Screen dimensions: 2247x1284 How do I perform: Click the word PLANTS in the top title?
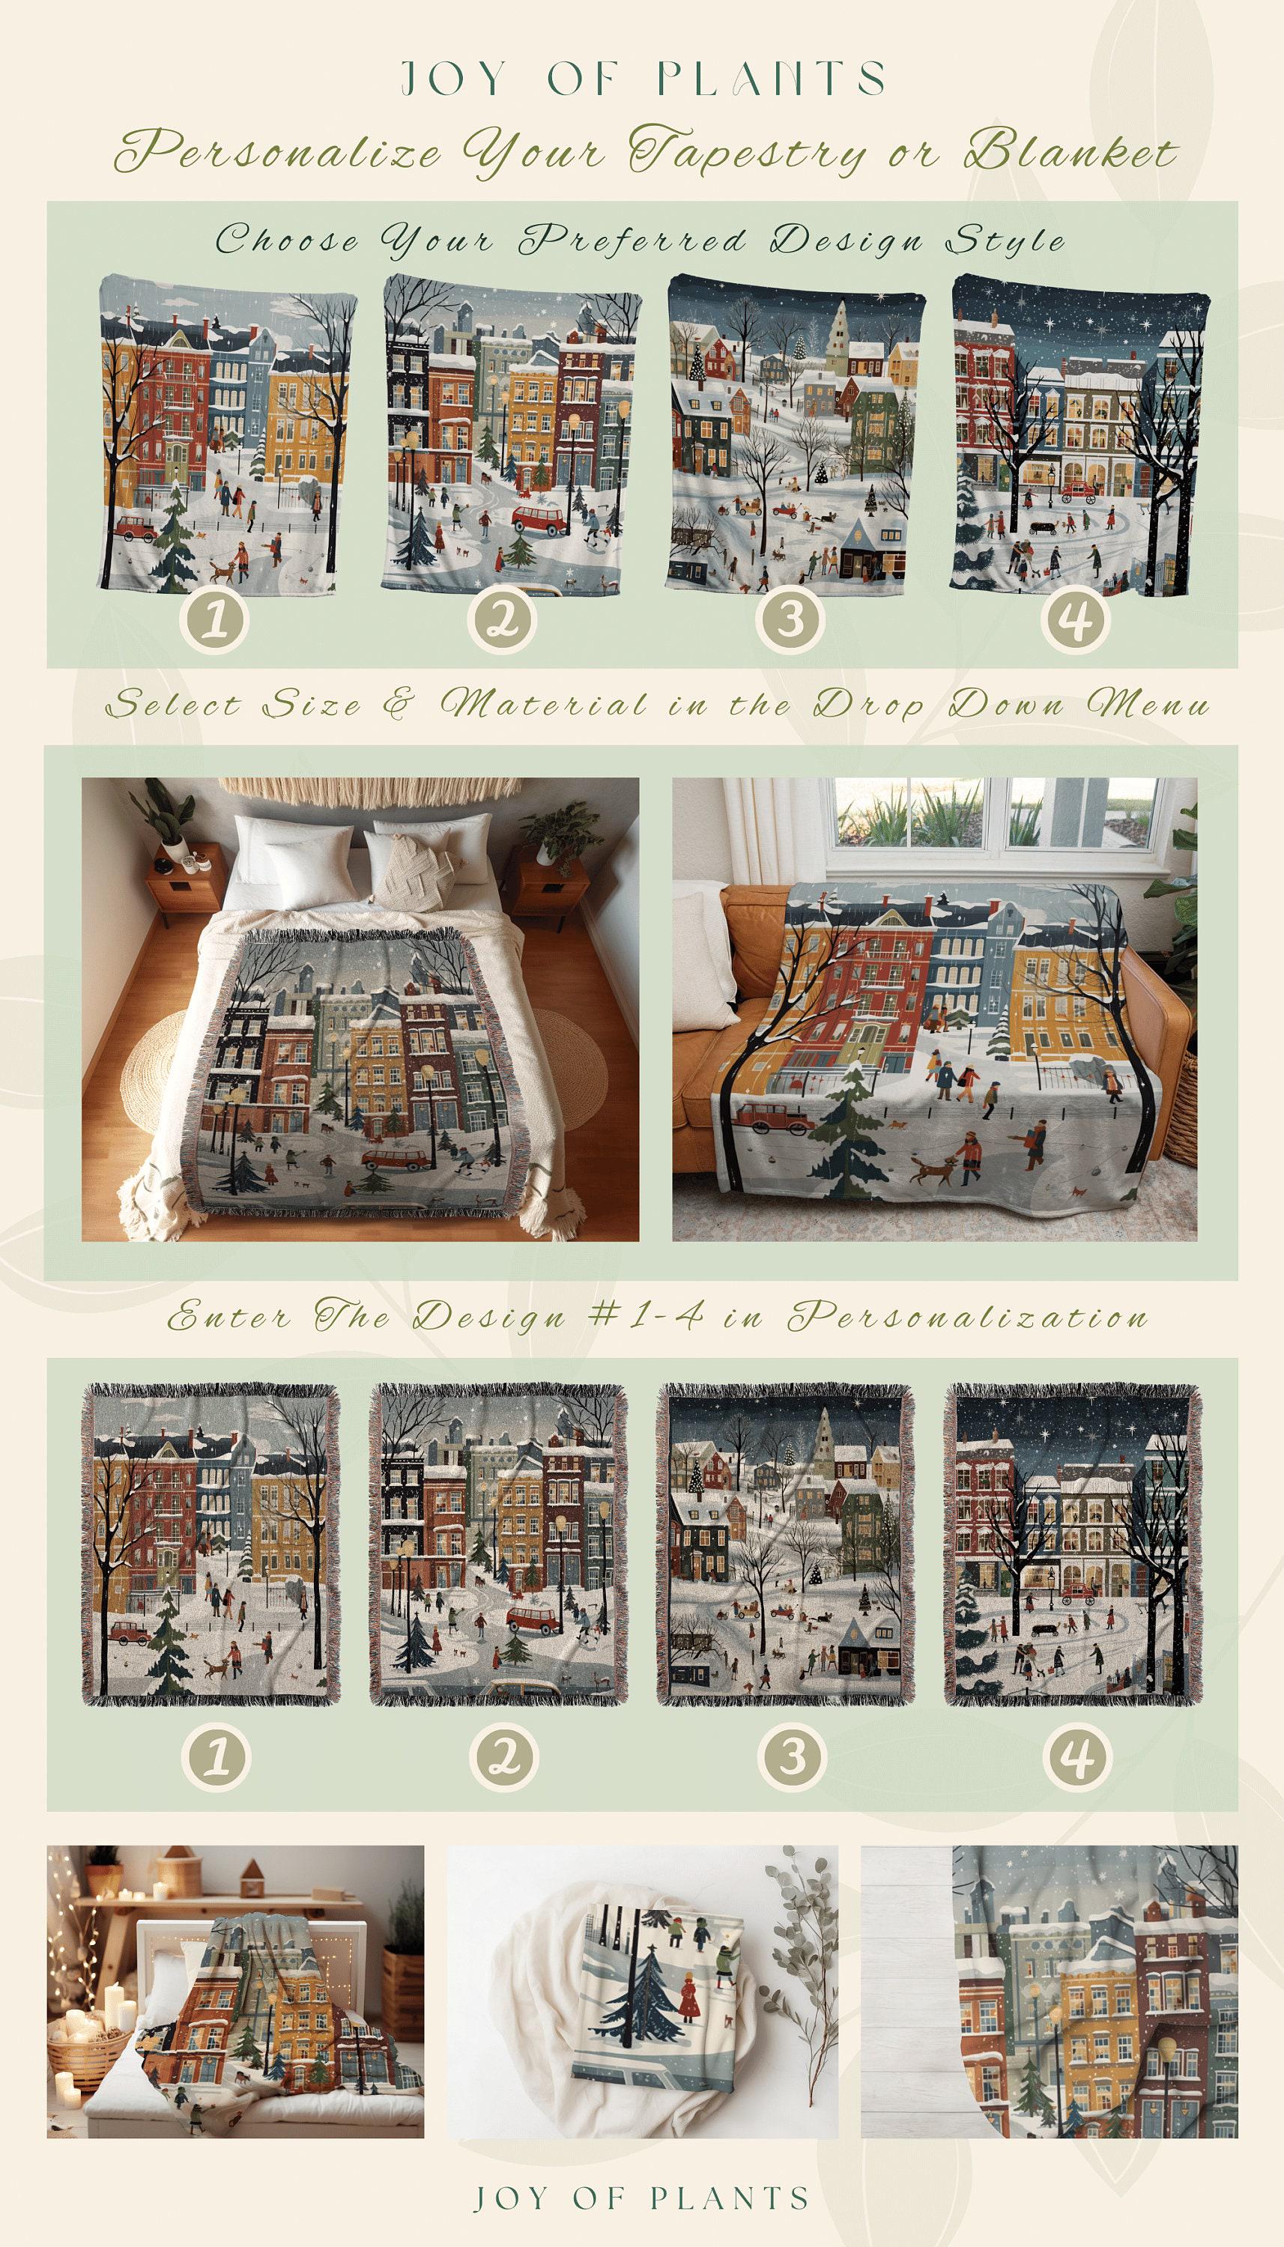pyautogui.click(x=775, y=80)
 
